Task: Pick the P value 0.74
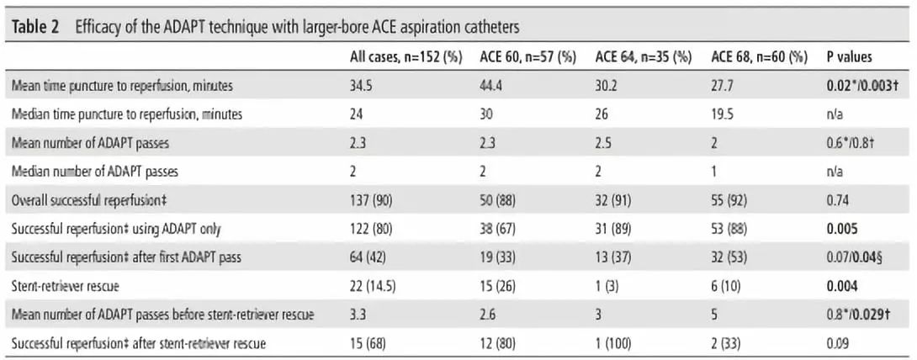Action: click(x=838, y=200)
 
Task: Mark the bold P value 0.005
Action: click(x=841, y=229)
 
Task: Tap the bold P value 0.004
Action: click(x=841, y=285)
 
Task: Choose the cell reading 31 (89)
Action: click(x=614, y=229)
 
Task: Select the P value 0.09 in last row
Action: click(x=838, y=342)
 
